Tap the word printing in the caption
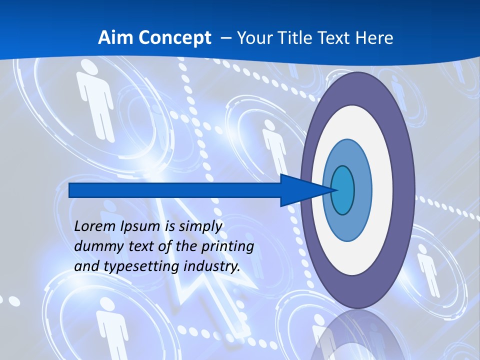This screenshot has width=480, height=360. pos(227,246)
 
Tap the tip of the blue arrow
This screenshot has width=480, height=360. pos(333,190)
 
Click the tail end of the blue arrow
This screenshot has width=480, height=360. pos(70,190)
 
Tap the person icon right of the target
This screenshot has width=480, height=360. pos(428,272)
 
